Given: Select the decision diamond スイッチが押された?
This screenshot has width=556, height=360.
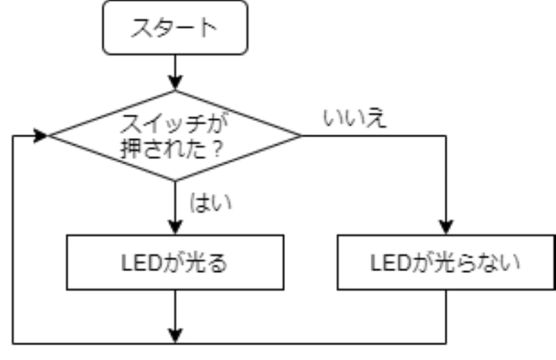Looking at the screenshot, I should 175,136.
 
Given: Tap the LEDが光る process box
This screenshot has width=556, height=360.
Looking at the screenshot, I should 175,263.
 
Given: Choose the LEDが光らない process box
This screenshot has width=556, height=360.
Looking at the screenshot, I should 446,263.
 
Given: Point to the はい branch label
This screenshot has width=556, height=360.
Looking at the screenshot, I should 211,203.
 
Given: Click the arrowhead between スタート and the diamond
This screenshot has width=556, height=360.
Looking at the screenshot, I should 175,84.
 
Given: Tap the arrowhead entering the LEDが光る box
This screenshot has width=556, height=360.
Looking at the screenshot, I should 175,228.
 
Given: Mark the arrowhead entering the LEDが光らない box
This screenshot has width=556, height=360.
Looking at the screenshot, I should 446,228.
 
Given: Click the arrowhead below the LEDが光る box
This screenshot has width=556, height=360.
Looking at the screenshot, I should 175,336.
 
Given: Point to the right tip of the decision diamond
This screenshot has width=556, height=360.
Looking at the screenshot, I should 300,136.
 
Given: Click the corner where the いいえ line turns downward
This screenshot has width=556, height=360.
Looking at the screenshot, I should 446,136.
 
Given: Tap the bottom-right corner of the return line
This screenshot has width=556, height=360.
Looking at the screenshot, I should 446,343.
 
